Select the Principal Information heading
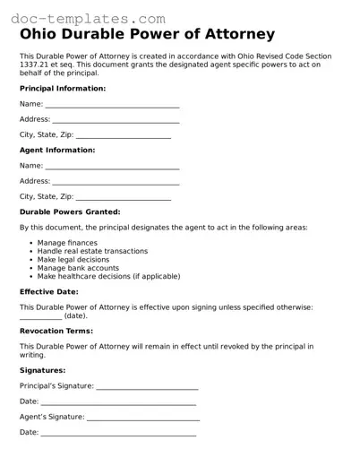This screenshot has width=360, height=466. tap(63, 89)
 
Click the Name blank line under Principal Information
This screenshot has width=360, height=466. tap(112, 106)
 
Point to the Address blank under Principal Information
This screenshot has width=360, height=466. tap(116, 120)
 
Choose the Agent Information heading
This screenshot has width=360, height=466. tap(57, 150)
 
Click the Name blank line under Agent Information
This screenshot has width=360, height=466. tap(112, 167)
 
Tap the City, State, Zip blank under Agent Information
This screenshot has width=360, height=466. tap(124, 197)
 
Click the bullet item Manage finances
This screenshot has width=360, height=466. tap(67, 243)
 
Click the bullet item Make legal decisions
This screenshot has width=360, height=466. tap(74, 260)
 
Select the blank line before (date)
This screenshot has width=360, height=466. tap(40, 317)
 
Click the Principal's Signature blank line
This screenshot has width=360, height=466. tap(147, 387)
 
